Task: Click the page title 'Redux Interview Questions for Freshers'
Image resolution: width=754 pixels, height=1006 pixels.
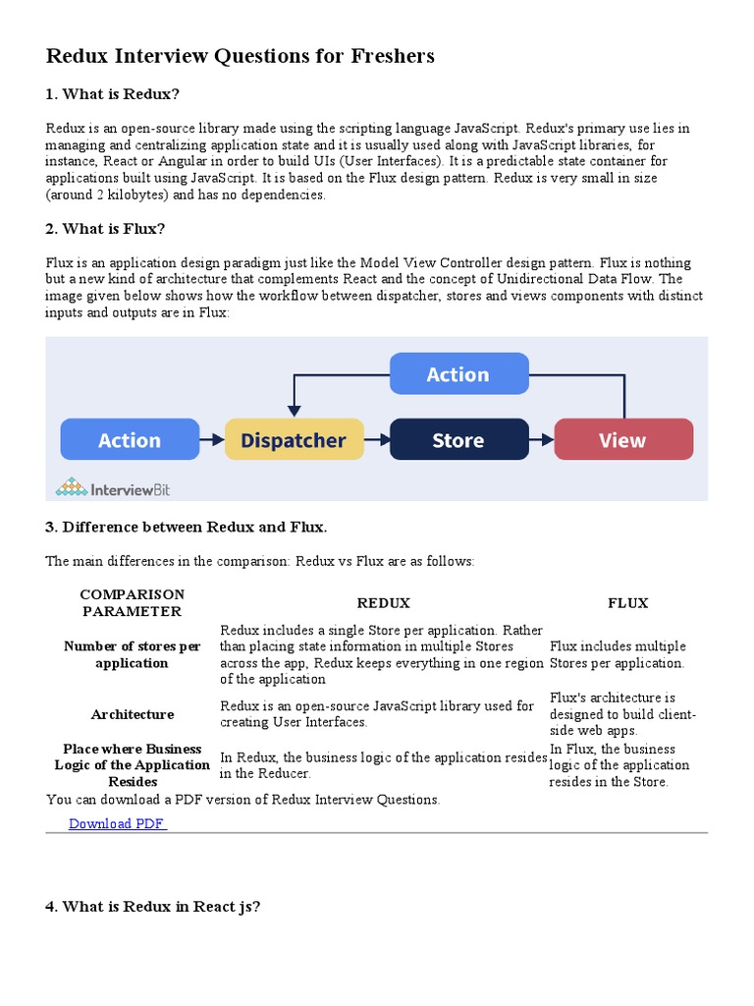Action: click(240, 57)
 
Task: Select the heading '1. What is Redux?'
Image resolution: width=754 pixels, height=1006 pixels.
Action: click(113, 94)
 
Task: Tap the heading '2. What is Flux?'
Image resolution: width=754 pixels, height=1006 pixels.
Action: click(105, 229)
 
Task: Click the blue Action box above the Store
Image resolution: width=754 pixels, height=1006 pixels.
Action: click(458, 374)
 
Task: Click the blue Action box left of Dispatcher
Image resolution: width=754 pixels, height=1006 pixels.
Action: click(130, 440)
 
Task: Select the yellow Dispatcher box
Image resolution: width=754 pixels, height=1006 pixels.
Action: click(294, 440)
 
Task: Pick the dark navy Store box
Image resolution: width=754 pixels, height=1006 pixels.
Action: click(458, 440)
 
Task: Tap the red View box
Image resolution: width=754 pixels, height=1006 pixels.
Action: click(623, 440)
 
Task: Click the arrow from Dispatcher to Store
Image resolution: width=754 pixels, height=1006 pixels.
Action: click(377, 440)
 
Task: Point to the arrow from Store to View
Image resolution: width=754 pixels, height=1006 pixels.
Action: click(542, 440)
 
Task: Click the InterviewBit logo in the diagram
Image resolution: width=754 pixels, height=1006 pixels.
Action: click(113, 487)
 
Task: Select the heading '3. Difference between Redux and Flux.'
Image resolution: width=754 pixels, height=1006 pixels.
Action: click(186, 528)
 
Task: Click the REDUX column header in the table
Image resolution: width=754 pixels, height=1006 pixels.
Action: click(383, 603)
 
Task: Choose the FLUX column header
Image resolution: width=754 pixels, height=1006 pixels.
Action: click(627, 603)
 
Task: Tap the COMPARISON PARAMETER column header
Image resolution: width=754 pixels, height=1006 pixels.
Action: click(132, 603)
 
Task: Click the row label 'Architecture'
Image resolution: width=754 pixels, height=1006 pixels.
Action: click(132, 714)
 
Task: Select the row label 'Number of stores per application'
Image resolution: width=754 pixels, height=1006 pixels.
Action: click(132, 654)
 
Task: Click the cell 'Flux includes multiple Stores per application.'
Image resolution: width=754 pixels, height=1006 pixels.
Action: click(618, 654)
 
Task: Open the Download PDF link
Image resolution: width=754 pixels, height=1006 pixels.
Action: click(117, 823)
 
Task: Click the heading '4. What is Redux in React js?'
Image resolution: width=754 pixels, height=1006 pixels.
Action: click(152, 907)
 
